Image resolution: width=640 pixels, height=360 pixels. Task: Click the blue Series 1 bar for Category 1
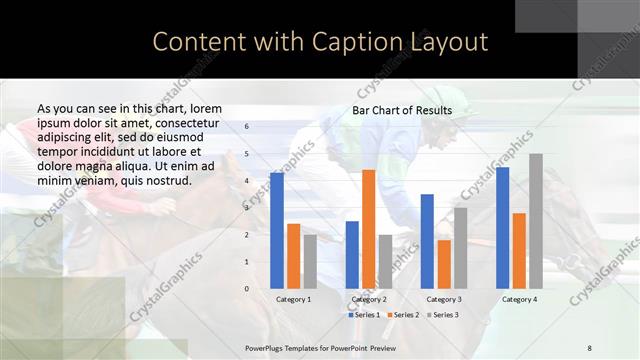[x=277, y=230]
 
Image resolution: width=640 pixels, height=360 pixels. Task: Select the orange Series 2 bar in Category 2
[x=368, y=229]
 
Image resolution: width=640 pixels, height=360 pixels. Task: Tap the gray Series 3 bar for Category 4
[x=535, y=221]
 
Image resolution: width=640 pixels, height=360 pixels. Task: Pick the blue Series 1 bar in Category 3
[x=427, y=241]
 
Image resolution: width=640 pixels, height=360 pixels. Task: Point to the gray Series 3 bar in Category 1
[x=310, y=262]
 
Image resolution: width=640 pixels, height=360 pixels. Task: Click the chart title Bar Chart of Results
[x=402, y=110]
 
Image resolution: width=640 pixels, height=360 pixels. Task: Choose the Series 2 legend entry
[x=403, y=315]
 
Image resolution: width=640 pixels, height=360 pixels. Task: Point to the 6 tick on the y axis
[x=248, y=127]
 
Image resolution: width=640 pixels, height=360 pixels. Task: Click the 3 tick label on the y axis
[x=248, y=208]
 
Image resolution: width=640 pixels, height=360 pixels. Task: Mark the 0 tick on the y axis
[x=248, y=289]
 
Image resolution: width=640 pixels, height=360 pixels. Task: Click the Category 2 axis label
[x=368, y=300]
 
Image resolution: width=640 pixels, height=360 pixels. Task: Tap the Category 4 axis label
[x=519, y=300]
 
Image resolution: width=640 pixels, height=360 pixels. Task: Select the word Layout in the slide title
[x=449, y=41]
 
